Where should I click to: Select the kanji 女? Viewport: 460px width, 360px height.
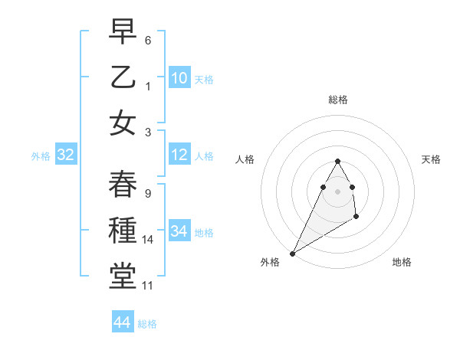(x=123, y=123)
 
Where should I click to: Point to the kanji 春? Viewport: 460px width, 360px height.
(x=123, y=184)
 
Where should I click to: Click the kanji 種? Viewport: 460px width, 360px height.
(x=123, y=231)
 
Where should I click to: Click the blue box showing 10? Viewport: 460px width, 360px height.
(x=179, y=78)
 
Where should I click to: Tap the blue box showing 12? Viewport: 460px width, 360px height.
(x=179, y=155)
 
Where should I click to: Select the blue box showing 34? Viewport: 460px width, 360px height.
(x=179, y=231)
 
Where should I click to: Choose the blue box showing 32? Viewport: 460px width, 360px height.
(x=66, y=155)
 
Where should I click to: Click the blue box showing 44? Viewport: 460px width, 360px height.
(x=123, y=322)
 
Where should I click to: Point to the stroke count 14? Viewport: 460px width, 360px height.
(x=148, y=240)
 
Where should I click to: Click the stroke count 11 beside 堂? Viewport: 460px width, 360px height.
(x=148, y=286)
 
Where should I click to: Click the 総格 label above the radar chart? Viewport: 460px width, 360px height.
(x=337, y=100)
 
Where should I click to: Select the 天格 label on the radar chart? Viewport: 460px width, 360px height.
(x=431, y=159)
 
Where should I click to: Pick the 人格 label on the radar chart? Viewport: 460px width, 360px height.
(x=245, y=159)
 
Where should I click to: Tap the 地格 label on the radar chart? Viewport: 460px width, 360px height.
(x=402, y=262)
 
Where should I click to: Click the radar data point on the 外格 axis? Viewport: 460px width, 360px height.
(x=292, y=253)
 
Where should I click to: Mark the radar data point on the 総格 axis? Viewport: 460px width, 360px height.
(x=337, y=161)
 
